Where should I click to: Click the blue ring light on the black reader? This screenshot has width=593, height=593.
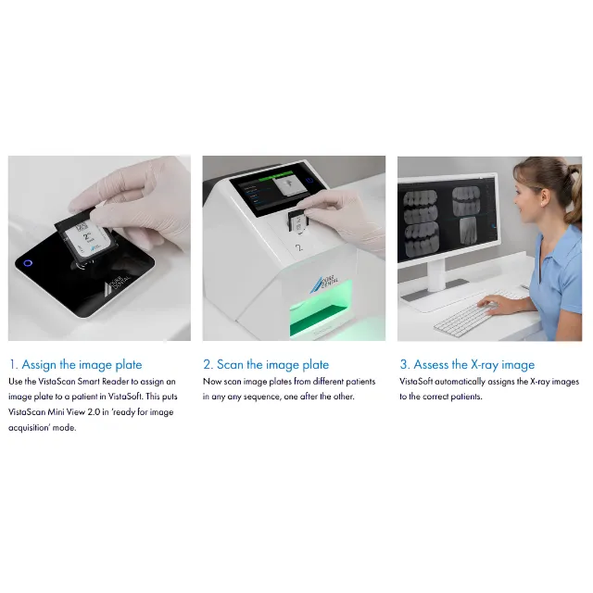click(x=28, y=263)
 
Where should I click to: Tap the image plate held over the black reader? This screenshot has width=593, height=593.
click(x=86, y=238)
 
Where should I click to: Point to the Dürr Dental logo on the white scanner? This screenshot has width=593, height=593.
click(x=323, y=284)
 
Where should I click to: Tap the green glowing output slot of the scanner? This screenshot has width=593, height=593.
click(x=322, y=310)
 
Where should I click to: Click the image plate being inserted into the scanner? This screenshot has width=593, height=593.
click(x=296, y=222)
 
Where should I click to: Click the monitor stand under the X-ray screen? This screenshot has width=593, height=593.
click(x=435, y=280)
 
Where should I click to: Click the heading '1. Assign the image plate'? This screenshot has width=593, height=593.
click(x=76, y=364)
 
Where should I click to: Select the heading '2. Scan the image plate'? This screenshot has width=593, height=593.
click(x=266, y=364)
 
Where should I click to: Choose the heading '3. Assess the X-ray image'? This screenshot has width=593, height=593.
click(x=467, y=364)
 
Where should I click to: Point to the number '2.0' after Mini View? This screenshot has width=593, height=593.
click(x=94, y=411)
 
